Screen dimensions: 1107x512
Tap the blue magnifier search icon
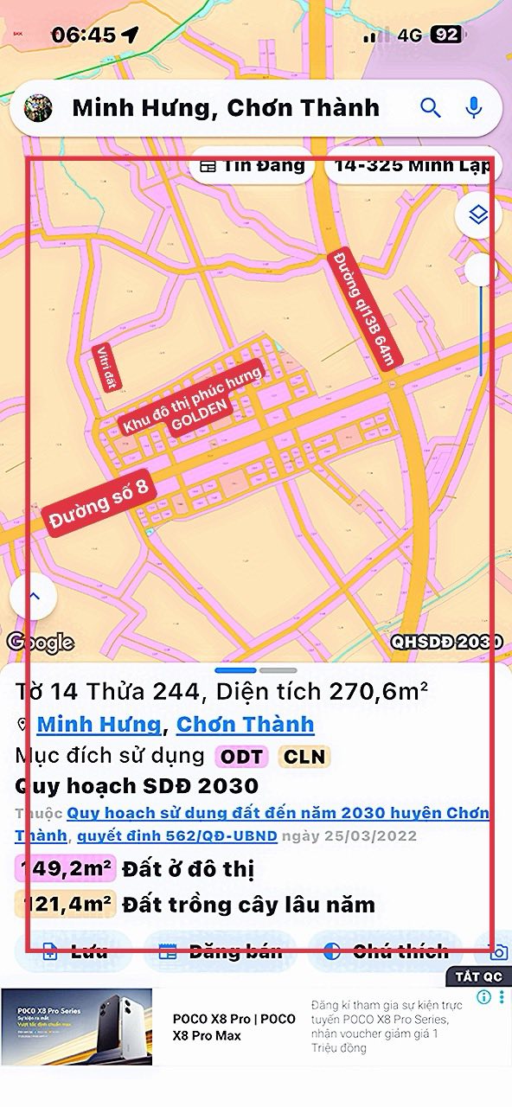(431, 107)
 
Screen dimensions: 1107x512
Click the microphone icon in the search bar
(473, 107)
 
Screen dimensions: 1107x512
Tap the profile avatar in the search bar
(38, 108)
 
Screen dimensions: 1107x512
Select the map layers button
(478, 214)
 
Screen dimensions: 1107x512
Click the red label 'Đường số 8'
(99, 505)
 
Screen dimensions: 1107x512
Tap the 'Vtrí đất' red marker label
(106, 368)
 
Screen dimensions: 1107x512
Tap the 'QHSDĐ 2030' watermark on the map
(446, 643)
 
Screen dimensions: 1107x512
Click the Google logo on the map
(40, 643)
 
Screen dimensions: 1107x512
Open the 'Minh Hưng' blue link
(99, 724)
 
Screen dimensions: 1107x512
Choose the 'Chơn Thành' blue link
(245, 724)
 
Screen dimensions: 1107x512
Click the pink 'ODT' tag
(241, 757)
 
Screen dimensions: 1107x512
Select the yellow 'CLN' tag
(304, 757)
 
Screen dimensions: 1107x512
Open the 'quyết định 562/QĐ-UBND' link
(176, 835)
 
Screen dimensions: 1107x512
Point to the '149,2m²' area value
(65, 868)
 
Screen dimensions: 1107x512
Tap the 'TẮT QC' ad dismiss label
(479, 976)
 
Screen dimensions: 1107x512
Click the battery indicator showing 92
(446, 35)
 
